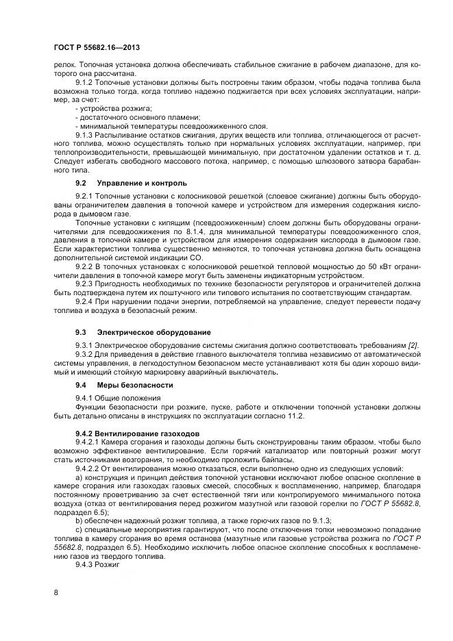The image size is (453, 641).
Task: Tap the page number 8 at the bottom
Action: tap(56, 593)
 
